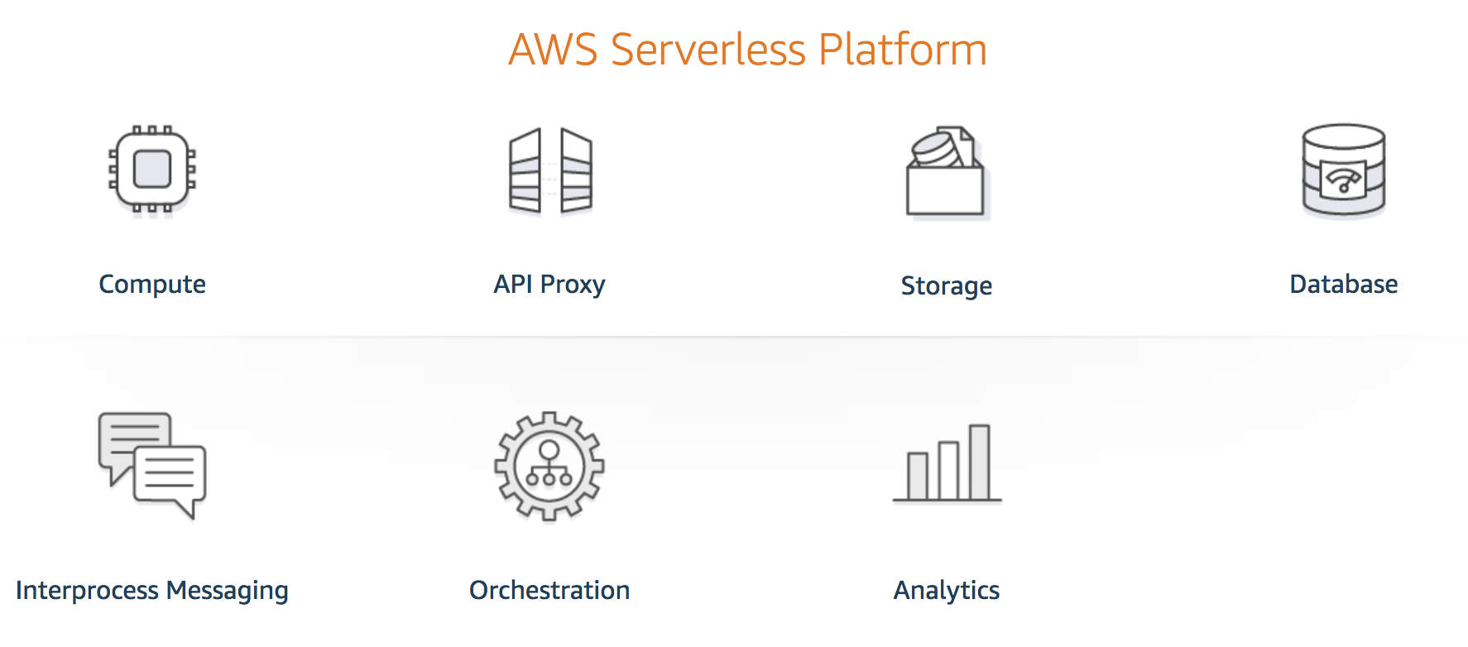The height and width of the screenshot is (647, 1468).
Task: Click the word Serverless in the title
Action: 708,50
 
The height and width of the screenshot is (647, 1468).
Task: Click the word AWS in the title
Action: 553,50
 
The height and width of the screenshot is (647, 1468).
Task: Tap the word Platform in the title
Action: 902,50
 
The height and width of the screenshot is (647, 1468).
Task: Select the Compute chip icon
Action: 152,170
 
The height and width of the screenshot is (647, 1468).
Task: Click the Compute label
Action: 152,285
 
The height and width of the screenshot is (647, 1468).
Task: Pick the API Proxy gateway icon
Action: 550,171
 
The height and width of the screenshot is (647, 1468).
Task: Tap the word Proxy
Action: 573,285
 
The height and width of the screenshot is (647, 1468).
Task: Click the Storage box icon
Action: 947,174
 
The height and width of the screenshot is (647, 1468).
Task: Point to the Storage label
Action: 947,285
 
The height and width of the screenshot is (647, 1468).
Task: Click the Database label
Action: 1343,285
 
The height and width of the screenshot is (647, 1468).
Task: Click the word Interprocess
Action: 87,591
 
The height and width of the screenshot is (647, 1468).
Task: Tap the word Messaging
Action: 228,591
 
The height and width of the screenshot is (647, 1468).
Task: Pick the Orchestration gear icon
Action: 549,467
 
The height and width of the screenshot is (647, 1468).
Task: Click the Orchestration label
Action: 549,591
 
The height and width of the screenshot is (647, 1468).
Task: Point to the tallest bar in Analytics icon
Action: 979,462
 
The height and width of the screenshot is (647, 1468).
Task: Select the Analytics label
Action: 947,591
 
